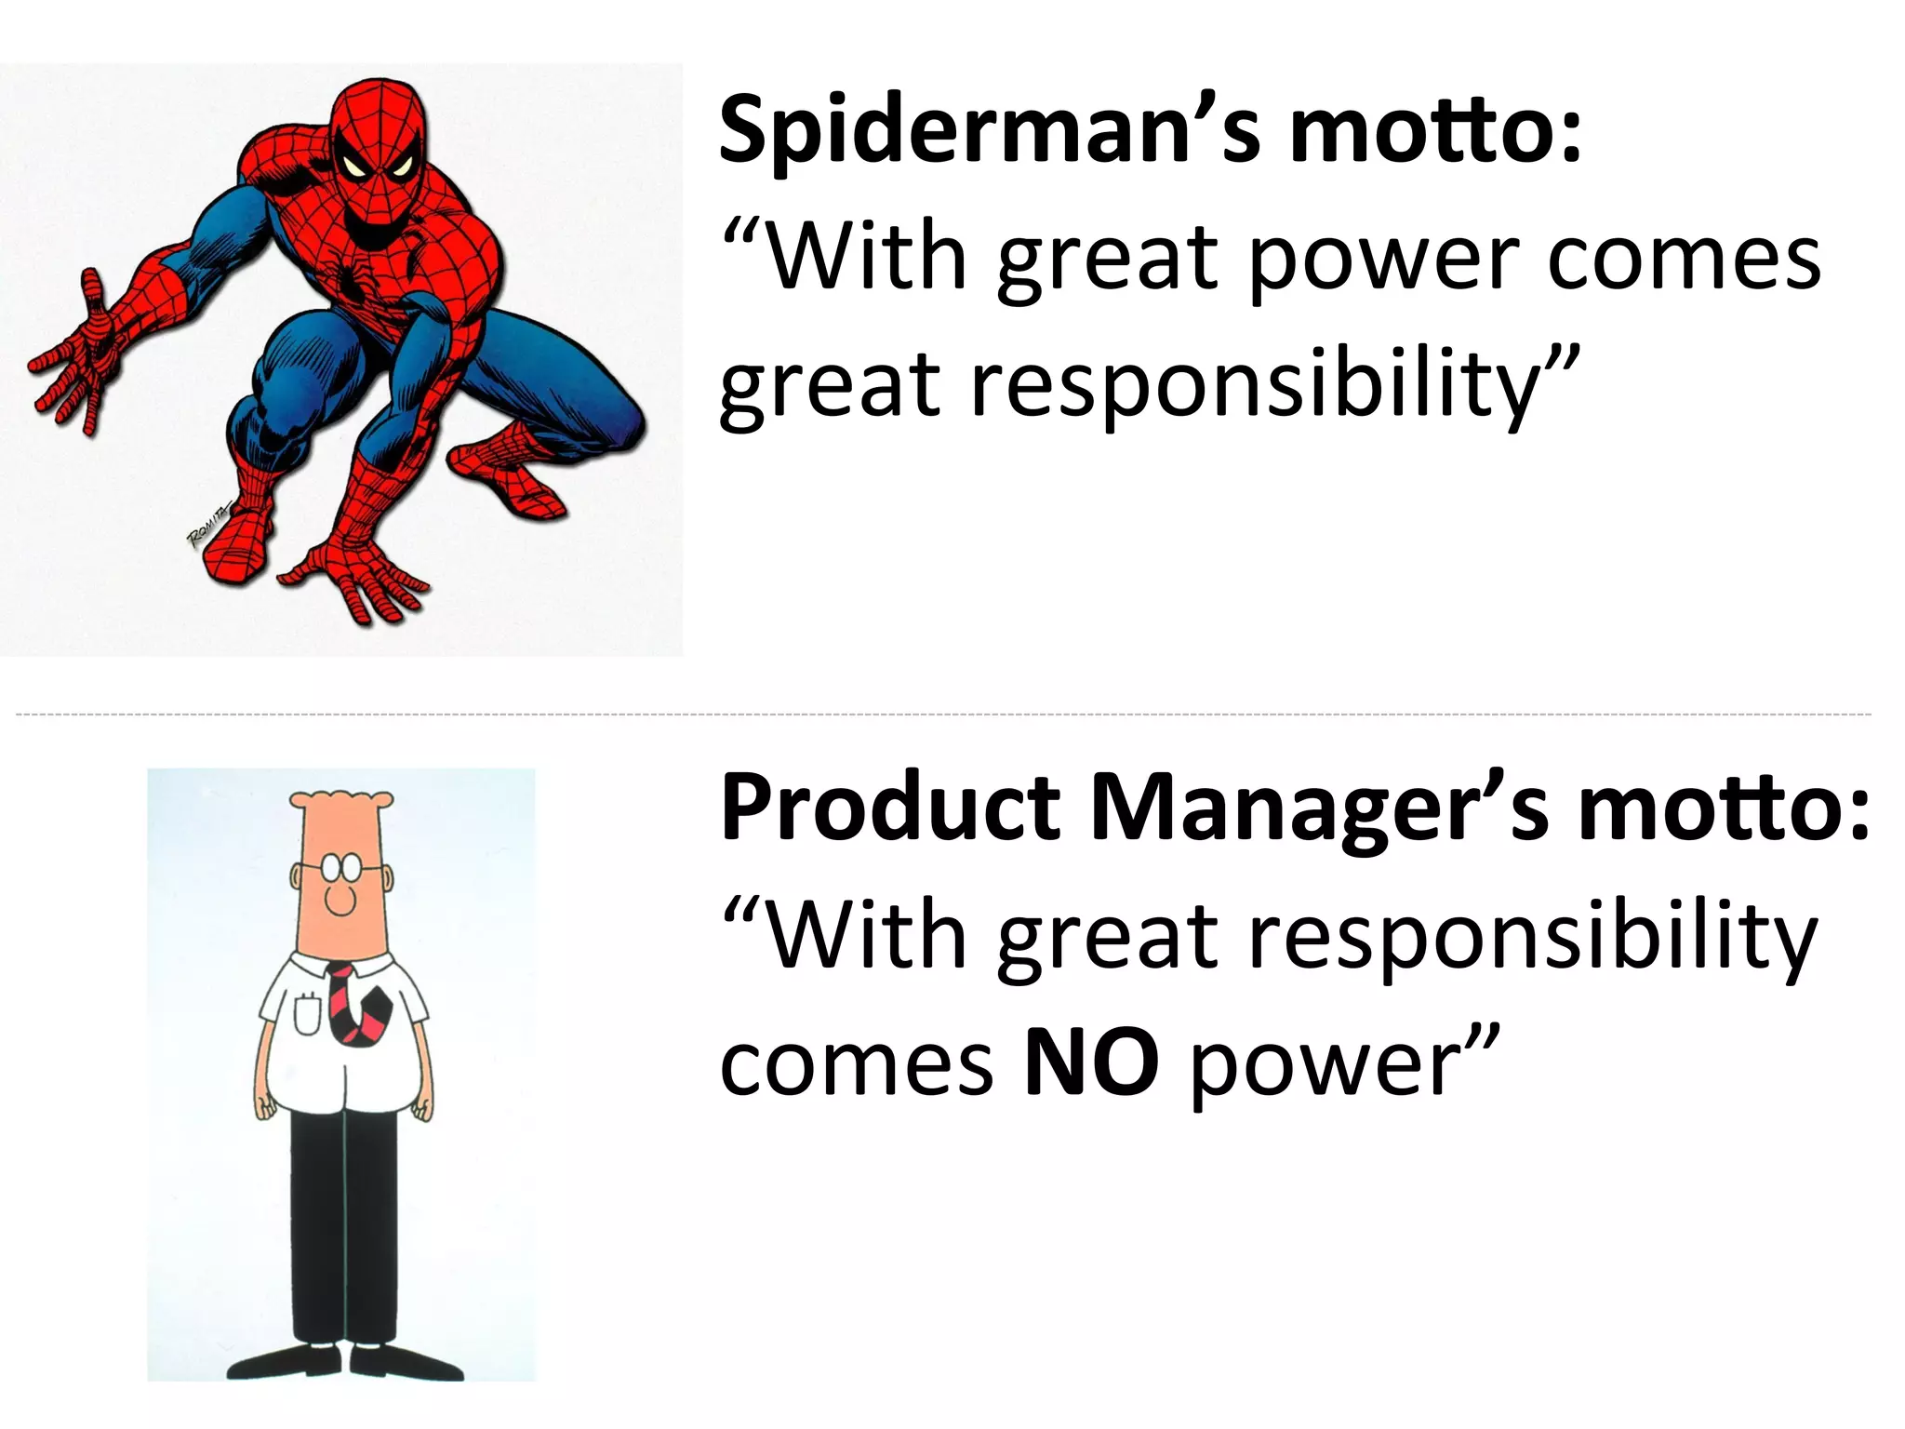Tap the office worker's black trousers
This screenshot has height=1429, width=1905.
(x=343, y=1228)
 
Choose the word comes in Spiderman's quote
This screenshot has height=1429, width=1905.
(x=1684, y=260)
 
